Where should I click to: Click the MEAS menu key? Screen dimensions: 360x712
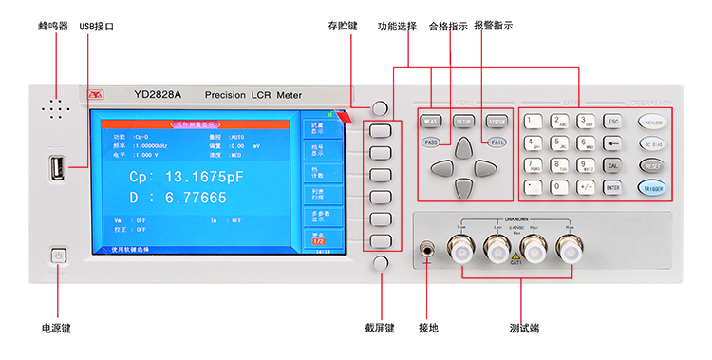(431, 122)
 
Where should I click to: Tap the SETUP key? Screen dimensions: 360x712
(463, 122)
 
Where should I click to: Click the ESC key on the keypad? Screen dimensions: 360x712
(612, 122)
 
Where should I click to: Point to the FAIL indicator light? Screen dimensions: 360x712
(496, 142)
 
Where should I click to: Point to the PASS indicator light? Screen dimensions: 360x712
(431, 142)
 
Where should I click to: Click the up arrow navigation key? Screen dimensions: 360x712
(463, 146)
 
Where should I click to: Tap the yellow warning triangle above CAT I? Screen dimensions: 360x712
(515, 256)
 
